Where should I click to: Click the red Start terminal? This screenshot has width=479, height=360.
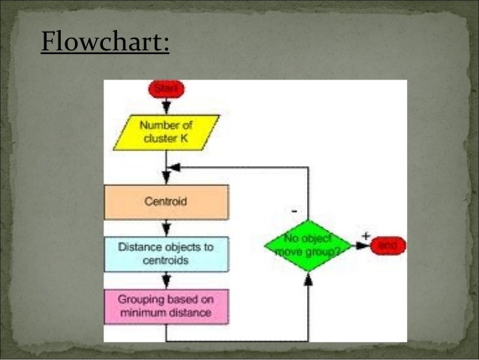click(x=166, y=89)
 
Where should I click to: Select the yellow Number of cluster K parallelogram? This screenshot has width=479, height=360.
click(x=166, y=132)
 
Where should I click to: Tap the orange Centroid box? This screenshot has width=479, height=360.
click(x=166, y=201)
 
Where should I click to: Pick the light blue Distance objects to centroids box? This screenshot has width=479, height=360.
click(x=166, y=253)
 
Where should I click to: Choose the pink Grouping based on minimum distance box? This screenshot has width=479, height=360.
click(x=166, y=306)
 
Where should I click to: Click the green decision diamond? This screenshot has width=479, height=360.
click(x=308, y=245)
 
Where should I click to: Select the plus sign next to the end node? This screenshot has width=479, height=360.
click(x=366, y=236)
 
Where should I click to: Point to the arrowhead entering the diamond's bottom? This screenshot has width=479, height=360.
click(x=308, y=280)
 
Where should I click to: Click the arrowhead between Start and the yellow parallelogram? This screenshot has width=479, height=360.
click(x=166, y=109)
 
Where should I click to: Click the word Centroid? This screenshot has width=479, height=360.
click(x=166, y=201)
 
